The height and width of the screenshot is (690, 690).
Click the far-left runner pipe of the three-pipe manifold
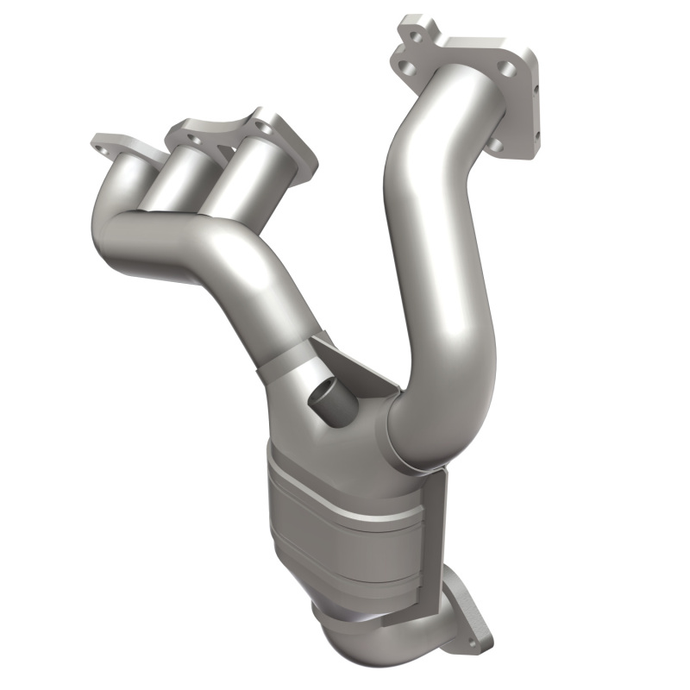[129, 185]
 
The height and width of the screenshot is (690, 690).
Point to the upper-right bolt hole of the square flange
[507, 67]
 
